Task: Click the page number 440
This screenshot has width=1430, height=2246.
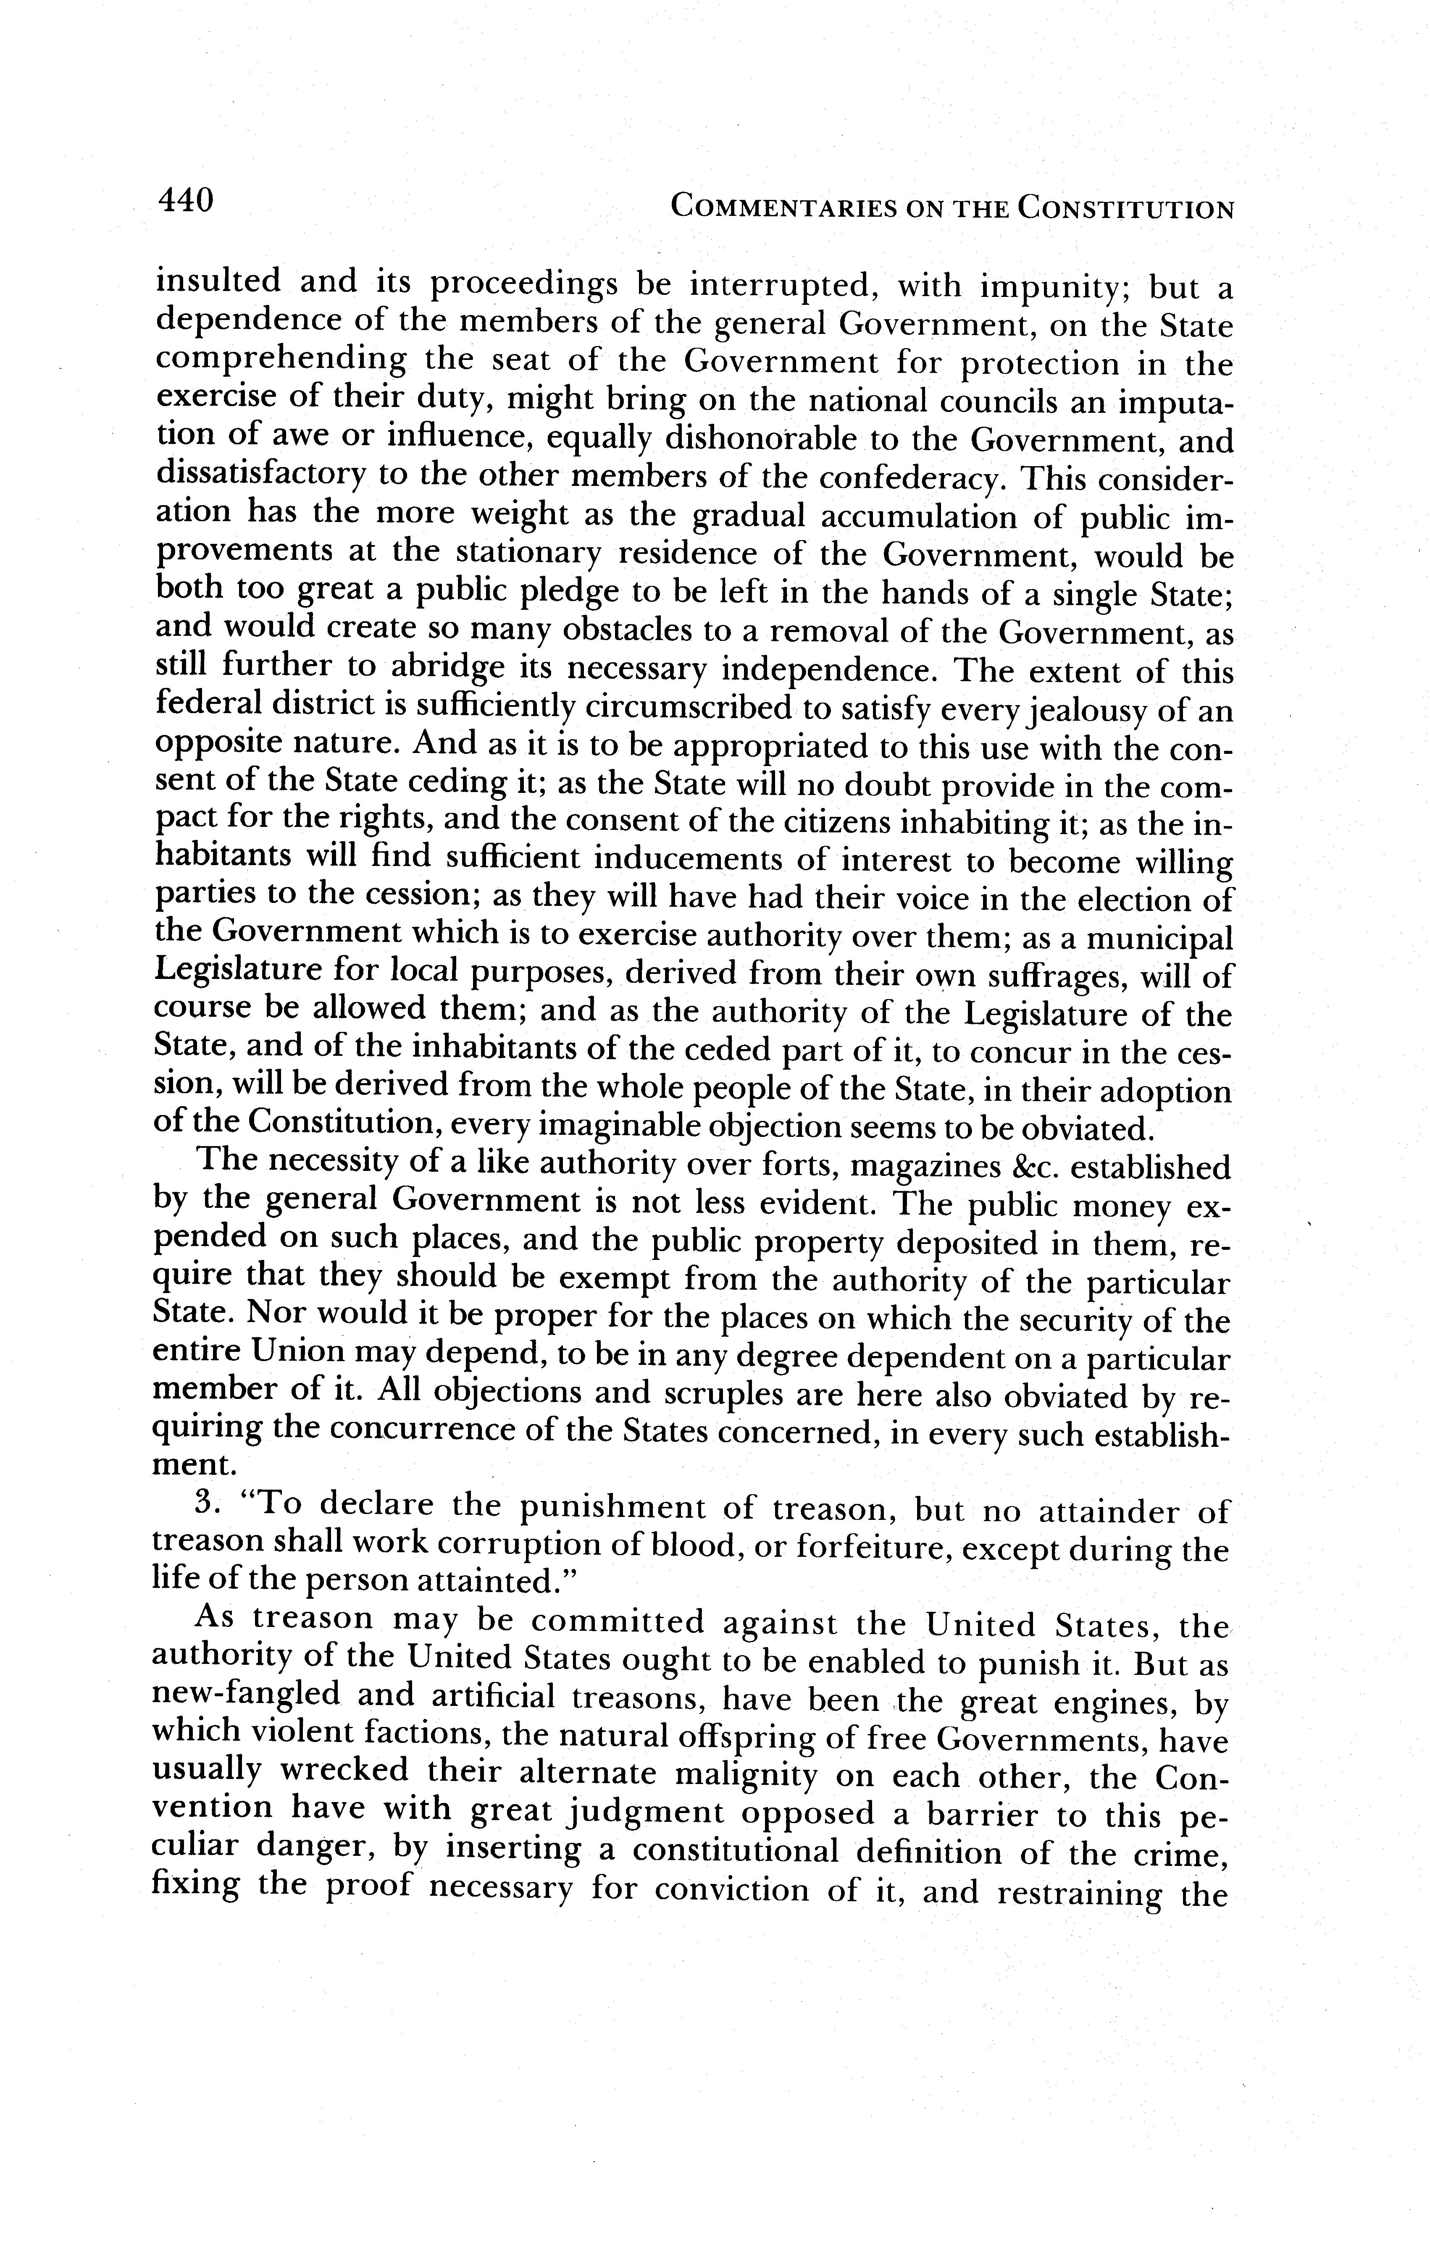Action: click(x=187, y=201)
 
